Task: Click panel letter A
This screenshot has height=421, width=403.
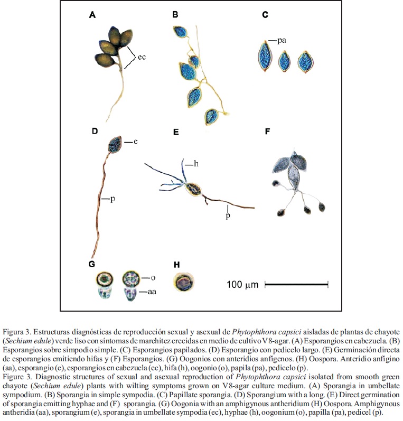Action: pos(92,15)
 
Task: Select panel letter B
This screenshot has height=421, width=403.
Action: pos(175,15)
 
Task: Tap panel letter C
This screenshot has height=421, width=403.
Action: pos(265,15)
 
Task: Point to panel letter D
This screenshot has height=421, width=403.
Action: pos(95,130)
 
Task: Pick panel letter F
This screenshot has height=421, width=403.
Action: pos(267,130)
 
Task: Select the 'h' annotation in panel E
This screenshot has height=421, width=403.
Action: pos(196,164)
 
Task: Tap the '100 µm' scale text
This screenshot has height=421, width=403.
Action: pos(242,285)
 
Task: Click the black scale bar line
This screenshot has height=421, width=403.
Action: pos(296,284)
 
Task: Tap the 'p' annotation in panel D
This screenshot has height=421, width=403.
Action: pos(113,199)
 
